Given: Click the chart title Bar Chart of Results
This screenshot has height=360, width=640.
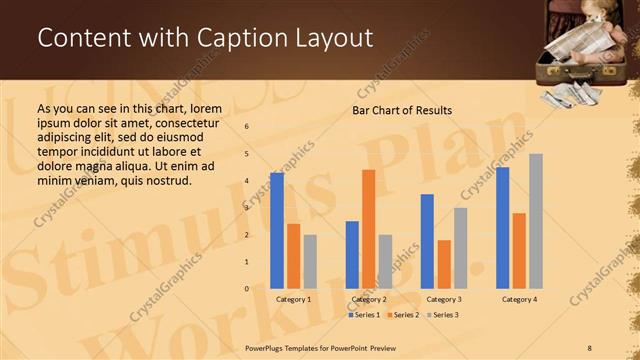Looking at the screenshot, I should [x=401, y=110].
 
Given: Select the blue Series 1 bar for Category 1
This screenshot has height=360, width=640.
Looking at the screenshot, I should [x=277, y=230].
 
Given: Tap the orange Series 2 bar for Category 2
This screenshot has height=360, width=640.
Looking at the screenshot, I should [x=368, y=229].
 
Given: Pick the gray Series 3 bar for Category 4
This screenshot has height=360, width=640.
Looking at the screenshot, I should [x=536, y=221].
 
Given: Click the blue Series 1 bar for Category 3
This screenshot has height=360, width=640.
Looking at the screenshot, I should [x=427, y=241].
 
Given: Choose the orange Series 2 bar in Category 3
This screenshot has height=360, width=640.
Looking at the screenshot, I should [x=444, y=264].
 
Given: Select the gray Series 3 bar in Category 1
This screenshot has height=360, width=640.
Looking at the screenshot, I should [x=310, y=261].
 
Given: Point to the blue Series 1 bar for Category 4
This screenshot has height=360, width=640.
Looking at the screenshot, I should [x=503, y=227].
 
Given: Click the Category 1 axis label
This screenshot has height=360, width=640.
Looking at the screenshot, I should [x=293, y=299].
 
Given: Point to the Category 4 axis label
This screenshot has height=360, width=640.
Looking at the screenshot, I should [x=519, y=299].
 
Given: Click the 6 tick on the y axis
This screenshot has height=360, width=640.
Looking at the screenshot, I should [x=247, y=127].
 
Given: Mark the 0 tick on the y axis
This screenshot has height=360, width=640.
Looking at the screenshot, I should [x=247, y=289].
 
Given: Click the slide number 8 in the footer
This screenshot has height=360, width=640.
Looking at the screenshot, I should [x=589, y=346].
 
